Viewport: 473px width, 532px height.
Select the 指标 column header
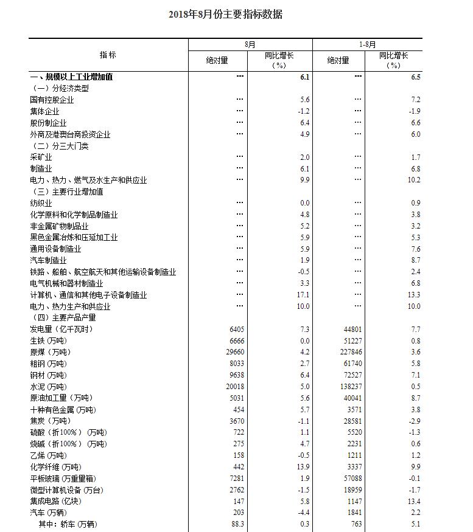108,55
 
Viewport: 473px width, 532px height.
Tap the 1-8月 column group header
367,44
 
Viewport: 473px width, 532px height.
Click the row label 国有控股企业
52,100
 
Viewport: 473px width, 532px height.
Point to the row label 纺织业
41,203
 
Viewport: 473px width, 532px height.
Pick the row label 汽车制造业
48,260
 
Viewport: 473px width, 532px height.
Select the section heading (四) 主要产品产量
63,317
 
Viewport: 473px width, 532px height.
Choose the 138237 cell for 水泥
351,387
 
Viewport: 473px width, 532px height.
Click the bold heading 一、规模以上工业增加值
71,77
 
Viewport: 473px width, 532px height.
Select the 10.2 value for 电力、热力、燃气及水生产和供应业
414,180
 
